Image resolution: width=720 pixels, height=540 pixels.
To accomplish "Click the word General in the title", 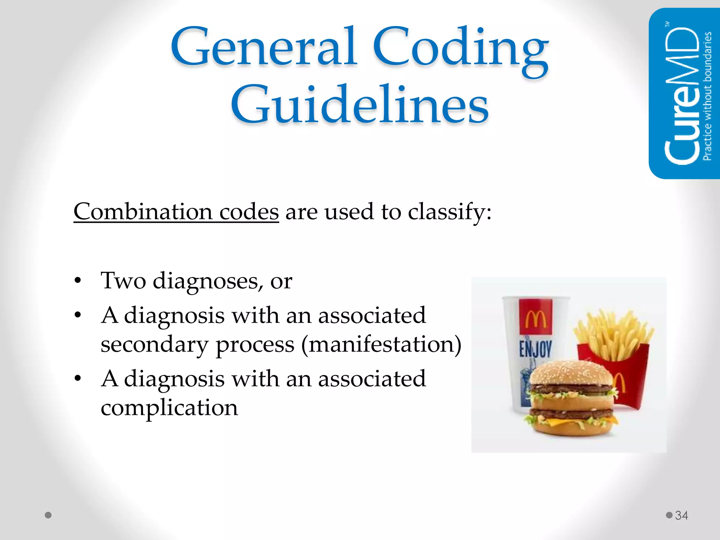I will tap(264, 47).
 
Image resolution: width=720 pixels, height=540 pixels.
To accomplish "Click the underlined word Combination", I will tap(143, 212).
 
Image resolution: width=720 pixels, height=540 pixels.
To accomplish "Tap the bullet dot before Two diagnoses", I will tap(78, 281).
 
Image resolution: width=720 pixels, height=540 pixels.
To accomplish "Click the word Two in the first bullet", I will tap(123, 281).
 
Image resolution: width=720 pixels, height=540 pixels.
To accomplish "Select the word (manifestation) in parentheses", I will tap(381, 345).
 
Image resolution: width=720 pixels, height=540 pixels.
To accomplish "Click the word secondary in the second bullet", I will tap(154, 345).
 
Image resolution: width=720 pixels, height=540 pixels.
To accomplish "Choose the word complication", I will tap(169, 408).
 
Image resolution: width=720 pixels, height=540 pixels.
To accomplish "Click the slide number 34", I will tap(681, 515).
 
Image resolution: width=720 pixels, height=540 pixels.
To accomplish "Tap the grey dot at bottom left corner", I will tap(49, 515).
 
